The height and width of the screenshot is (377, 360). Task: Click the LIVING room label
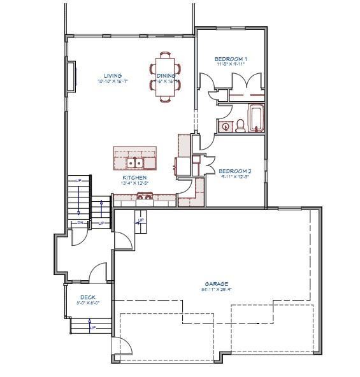[113, 76]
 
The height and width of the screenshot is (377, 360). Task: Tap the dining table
[166, 76]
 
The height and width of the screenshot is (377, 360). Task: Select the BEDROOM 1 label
[231, 59]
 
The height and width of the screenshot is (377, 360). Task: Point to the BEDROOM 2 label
[234, 171]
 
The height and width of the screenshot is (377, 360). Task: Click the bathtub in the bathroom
[256, 118]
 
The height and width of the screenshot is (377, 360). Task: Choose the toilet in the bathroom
[241, 125]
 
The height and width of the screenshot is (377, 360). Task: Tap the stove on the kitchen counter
[144, 197]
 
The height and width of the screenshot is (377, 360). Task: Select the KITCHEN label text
[134, 178]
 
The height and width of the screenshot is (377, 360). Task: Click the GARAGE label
[217, 284]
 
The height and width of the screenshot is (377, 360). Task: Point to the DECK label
[87, 297]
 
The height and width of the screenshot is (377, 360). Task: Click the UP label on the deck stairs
[93, 327]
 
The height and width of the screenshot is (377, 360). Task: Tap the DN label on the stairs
[81, 222]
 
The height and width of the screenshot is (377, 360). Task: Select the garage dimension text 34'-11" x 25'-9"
[217, 290]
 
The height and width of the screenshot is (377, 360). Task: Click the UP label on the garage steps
[140, 220]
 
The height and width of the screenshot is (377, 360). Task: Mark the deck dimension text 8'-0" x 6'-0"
[88, 303]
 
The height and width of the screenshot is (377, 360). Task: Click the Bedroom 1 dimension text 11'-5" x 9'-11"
[231, 64]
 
